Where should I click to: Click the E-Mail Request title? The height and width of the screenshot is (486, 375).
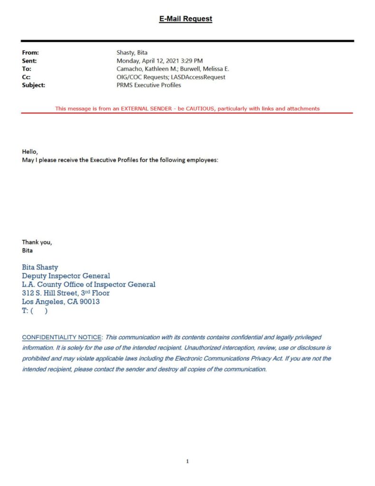[186, 19]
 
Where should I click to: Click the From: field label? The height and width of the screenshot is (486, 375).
[30, 53]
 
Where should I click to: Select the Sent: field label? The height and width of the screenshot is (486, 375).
[29, 61]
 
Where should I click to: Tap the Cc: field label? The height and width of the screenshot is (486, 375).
[27, 77]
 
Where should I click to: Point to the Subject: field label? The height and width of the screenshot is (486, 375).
[34, 85]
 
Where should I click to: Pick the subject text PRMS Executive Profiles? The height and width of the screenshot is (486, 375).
[149, 85]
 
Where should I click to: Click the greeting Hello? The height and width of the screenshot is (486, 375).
[30, 151]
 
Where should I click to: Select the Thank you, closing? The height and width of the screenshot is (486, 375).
[37, 242]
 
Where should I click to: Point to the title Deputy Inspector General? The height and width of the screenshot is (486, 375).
[66, 276]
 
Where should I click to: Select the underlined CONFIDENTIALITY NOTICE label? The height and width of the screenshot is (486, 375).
[62, 337]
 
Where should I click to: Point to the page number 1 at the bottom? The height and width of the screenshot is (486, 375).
[187, 461]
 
